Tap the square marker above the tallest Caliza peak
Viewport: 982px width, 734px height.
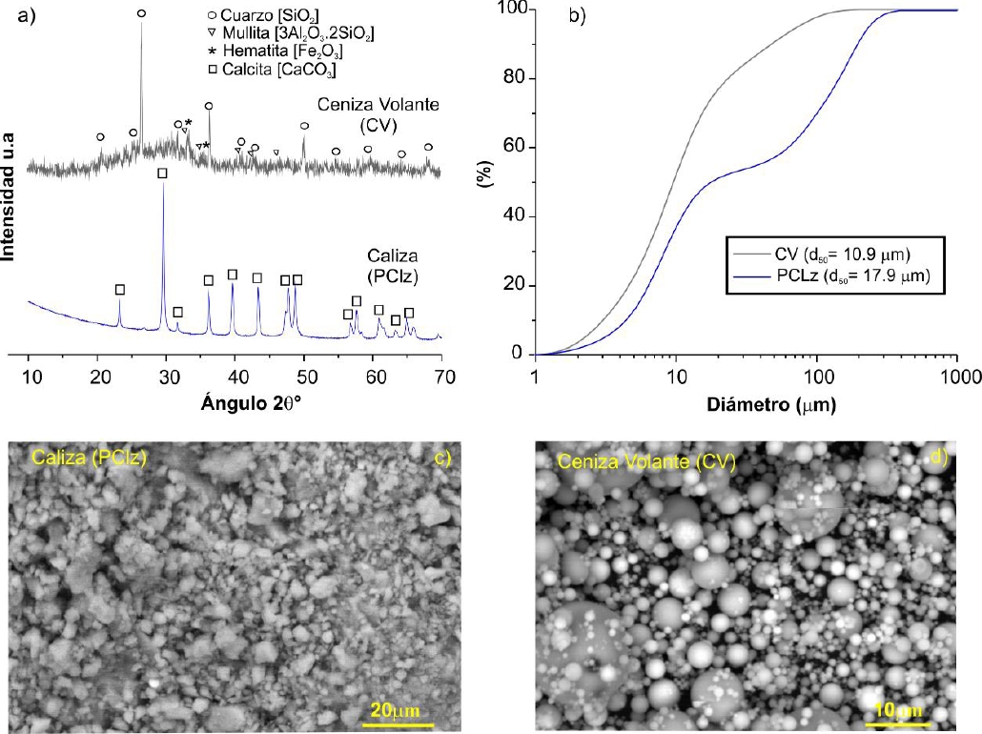click(x=163, y=173)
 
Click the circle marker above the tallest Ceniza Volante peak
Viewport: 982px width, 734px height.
click(x=142, y=13)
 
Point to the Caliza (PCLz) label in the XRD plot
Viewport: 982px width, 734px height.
click(x=393, y=265)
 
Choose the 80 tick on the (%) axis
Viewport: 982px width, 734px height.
click(x=516, y=79)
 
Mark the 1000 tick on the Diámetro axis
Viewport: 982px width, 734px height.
click(x=954, y=376)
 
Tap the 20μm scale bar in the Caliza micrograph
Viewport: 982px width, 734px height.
click(x=391, y=712)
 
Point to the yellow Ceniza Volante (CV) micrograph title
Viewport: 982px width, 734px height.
click(x=644, y=463)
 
